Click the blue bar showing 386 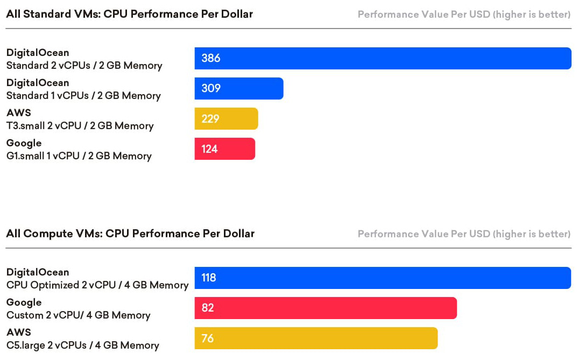pyautogui.click(x=383, y=58)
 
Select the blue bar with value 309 pyautogui.click(x=239, y=88)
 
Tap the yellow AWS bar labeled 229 pyautogui.click(x=226, y=118)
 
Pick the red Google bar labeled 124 pyautogui.click(x=224, y=149)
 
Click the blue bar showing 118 pyautogui.click(x=383, y=278)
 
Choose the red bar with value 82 pyautogui.click(x=326, y=308)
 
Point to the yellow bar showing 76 pyautogui.click(x=316, y=338)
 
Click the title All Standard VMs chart pyautogui.click(x=129, y=14)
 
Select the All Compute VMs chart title pyautogui.click(x=130, y=234)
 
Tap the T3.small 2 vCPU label pyautogui.click(x=80, y=126)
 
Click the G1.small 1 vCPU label pyautogui.click(x=79, y=156)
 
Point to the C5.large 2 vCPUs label pyautogui.click(x=83, y=345)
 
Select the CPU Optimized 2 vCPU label pyautogui.click(x=97, y=285)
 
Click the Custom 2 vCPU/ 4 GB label pyautogui.click(x=79, y=315)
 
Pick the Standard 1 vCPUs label pyautogui.click(x=83, y=96)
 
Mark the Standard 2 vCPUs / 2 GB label pyautogui.click(x=84, y=66)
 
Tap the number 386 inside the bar pyautogui.click(x=211, y=58)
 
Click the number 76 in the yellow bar pyautogui.click(x=208, y=338)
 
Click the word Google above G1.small pyautogui.click(x=24, y=143)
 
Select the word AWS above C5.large pyautogui.click(x=19, y=333)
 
